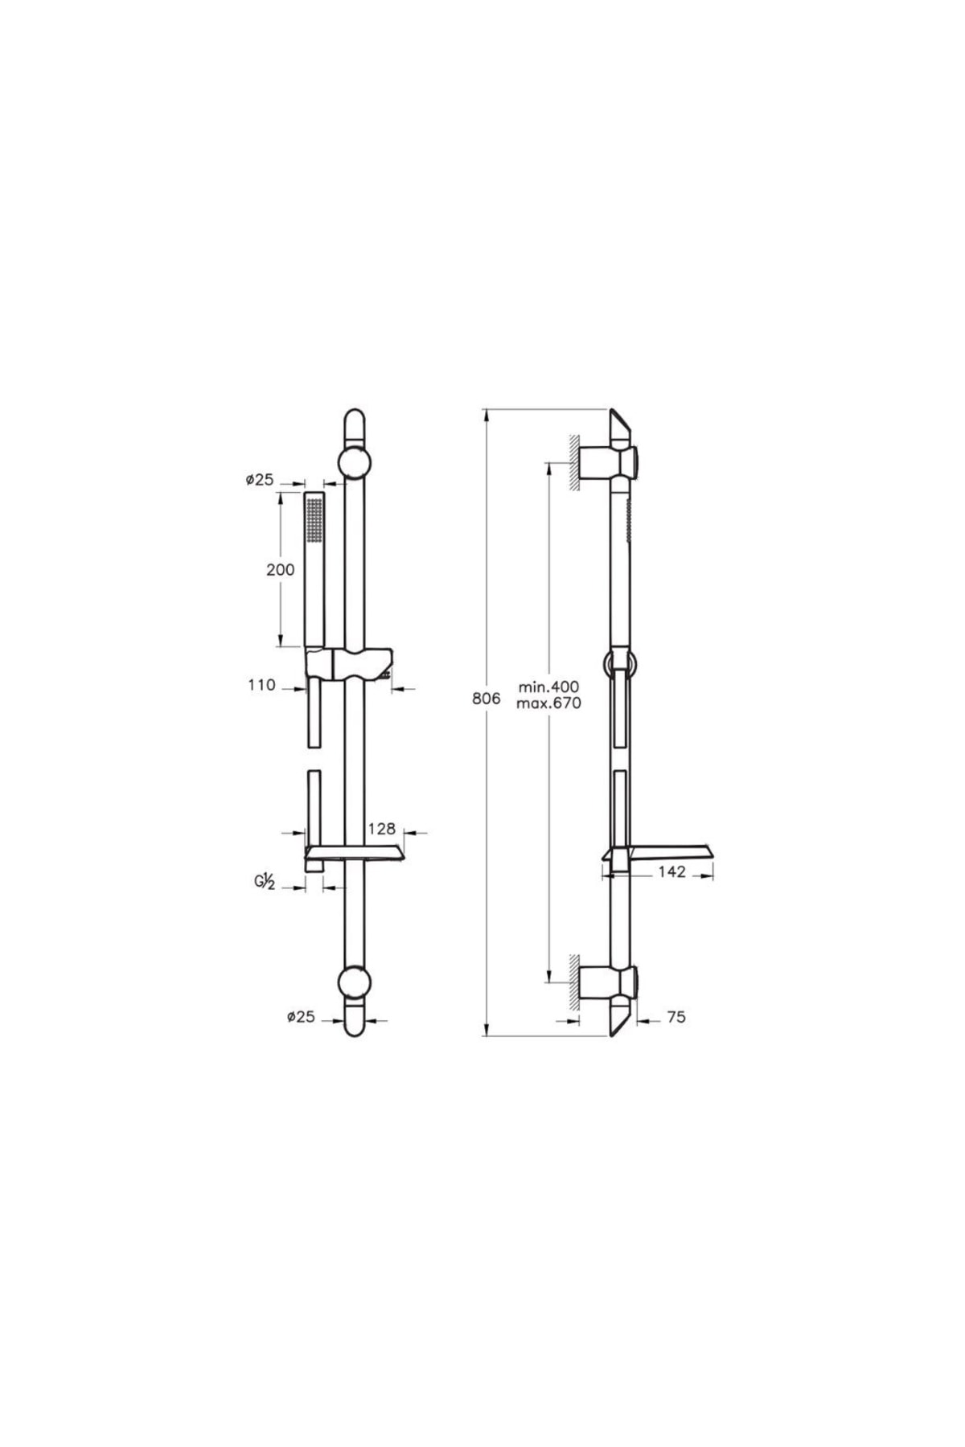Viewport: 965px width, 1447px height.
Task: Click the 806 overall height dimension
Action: (x=486, y=699)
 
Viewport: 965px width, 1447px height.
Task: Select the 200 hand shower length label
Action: (x=281, y=570)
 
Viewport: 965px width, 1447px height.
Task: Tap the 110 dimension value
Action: (x=261, y=685)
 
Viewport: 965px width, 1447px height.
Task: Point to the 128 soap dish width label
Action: (x=382, y=828)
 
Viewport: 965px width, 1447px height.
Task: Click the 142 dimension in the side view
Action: (x=671, y=871)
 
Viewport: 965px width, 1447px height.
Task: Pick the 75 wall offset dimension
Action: (x=676, y=1017)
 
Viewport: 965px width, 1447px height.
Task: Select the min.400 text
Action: (x=548, y=687)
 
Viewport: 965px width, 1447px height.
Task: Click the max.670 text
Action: (x=548, y=703)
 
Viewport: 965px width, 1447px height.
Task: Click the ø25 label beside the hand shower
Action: (x=259, y=480)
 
